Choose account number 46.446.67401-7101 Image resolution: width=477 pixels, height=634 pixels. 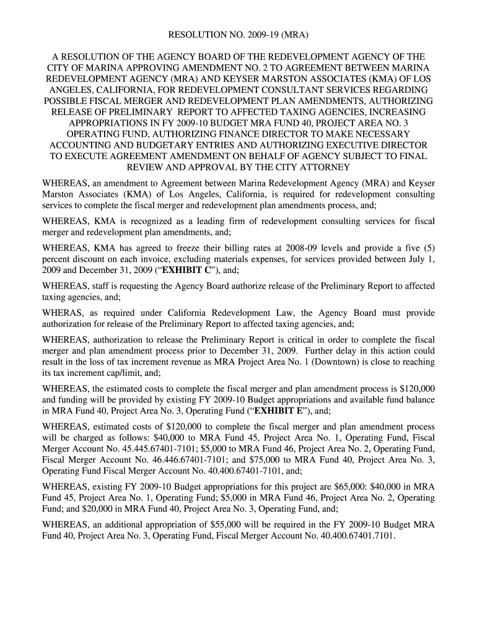click(x=170, y=461)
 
